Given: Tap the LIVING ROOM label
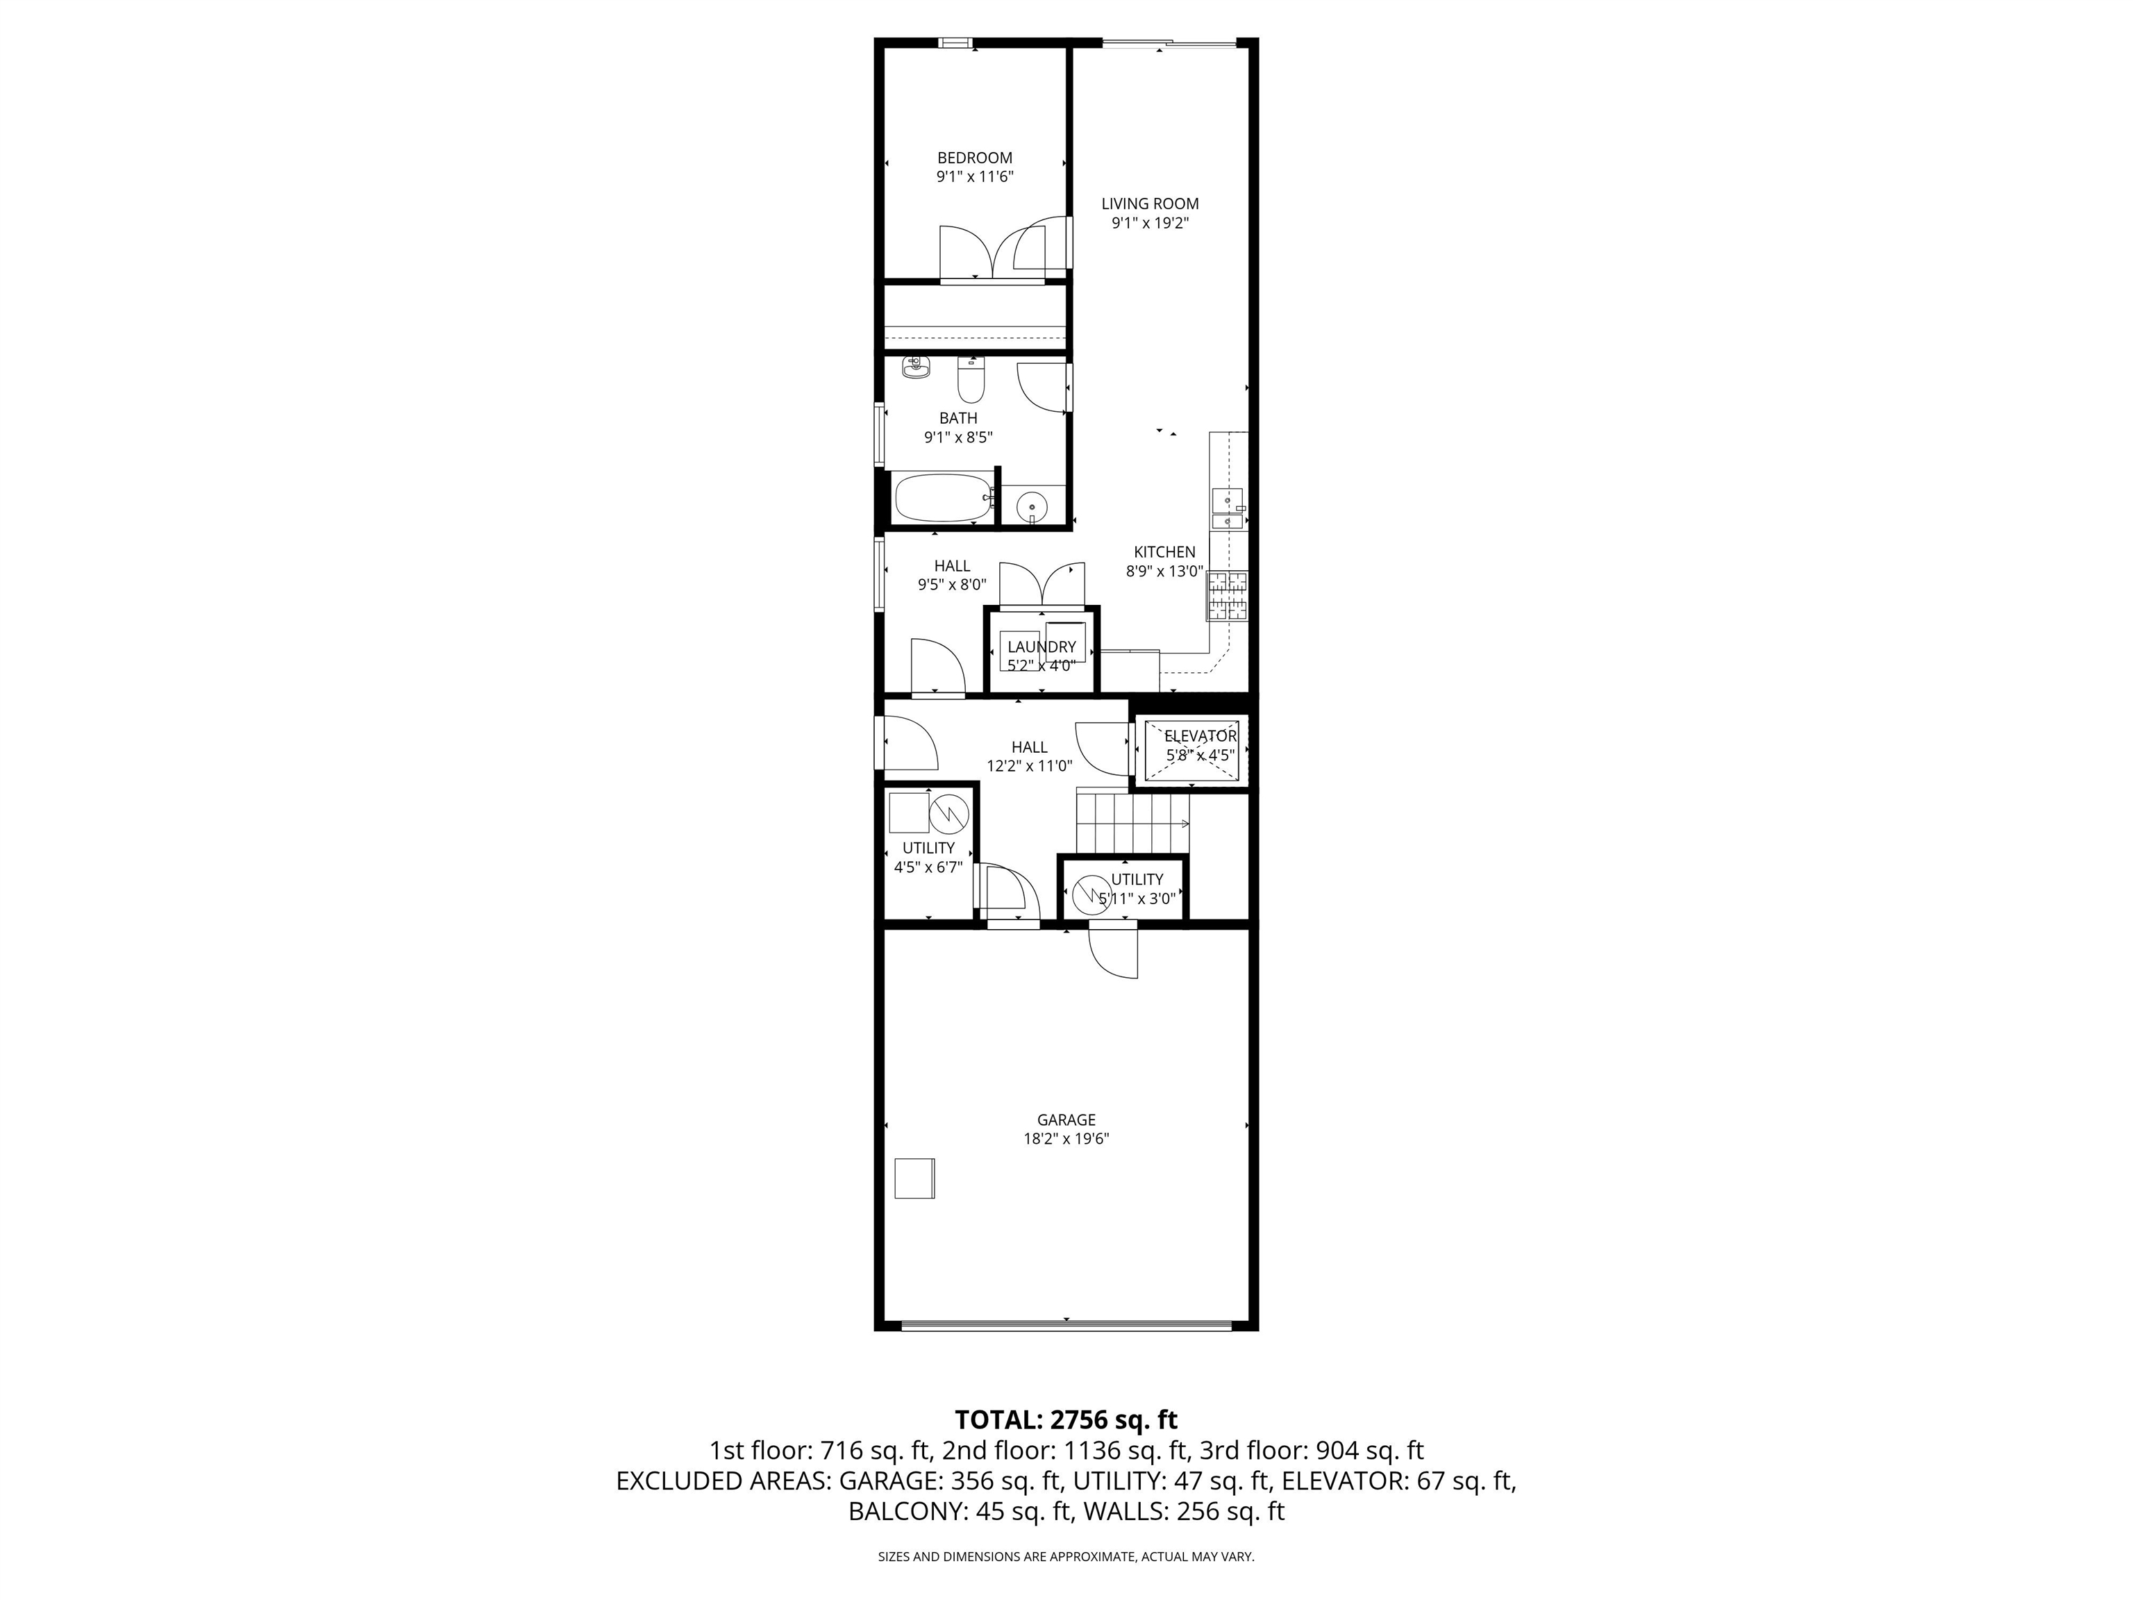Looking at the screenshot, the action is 1151,203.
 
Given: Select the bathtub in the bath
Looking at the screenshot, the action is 943,499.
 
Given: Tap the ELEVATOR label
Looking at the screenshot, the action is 1201,736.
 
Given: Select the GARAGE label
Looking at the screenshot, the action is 1066,1119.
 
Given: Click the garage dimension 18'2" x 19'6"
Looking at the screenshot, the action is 1066,1138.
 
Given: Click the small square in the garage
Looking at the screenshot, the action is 914,1178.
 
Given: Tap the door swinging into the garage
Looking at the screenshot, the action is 1114,952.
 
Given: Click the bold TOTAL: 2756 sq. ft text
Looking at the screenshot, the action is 1066,1419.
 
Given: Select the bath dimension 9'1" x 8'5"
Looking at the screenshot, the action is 958,437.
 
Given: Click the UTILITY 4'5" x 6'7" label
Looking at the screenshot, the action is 928,858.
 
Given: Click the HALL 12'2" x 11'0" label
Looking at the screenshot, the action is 1030,756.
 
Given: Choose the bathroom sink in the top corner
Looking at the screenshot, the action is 915,367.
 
